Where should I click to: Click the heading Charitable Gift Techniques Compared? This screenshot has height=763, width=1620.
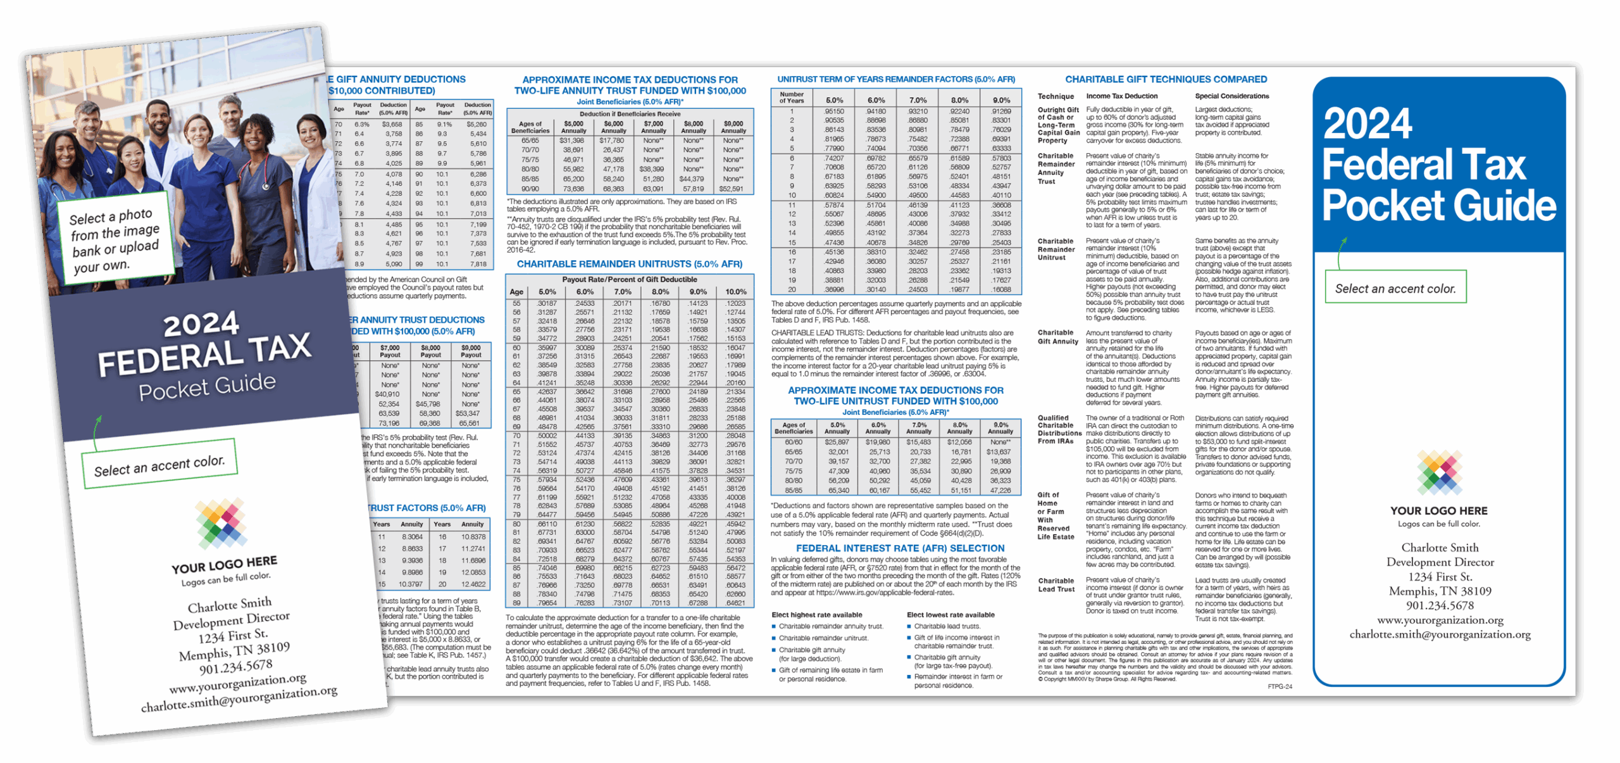tap(1166, 80)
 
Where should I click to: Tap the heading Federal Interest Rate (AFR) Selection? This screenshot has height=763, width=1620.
tap(900, 548)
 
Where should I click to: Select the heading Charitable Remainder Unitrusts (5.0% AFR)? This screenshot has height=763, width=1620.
tap(629, 264)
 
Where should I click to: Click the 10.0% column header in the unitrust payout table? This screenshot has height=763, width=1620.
tap(735, 292)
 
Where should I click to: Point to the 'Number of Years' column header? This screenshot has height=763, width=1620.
tap(791, 98)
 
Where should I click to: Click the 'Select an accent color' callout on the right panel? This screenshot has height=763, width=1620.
tap(1395, 289)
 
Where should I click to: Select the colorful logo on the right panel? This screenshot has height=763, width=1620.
tap(1439, 472)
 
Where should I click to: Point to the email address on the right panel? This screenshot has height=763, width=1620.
tap(1440, 634)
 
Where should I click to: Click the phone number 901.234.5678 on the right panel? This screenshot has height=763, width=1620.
tap(1440, 605)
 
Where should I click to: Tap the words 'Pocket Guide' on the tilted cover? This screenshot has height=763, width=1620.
tap(208, 387)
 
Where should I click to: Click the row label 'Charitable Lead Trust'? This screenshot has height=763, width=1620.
tap(1056, 584)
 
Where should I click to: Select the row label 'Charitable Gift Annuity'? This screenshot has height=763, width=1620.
tap(1057, 337)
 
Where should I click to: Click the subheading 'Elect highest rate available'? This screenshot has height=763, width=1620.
tap(816, 615)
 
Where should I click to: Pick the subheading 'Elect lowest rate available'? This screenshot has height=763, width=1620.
tap(950, 615)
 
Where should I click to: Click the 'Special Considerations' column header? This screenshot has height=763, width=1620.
tap(1231, 96)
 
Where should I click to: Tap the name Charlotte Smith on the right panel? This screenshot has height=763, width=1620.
tap(1440, 548)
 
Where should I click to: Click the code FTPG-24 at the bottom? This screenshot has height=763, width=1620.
tap(1280, 686)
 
